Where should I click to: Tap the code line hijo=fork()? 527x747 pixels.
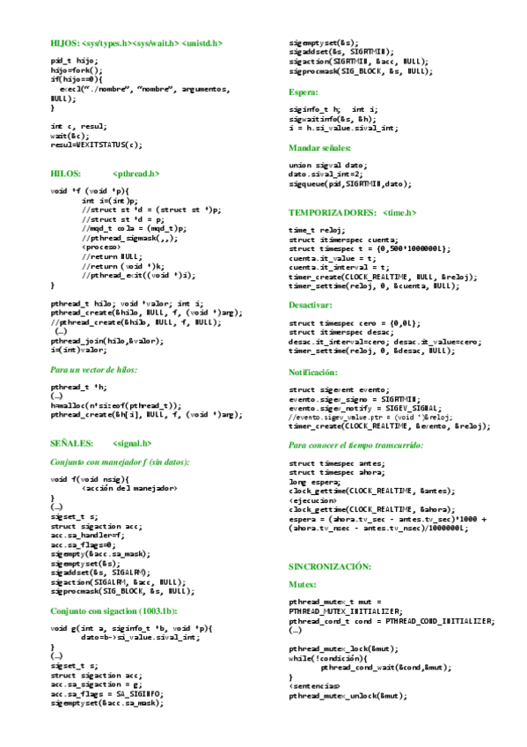[x=77, y=70]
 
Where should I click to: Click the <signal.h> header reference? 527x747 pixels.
[x=133, y=443]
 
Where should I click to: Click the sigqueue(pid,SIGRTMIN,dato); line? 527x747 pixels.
[x=350, y=184]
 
